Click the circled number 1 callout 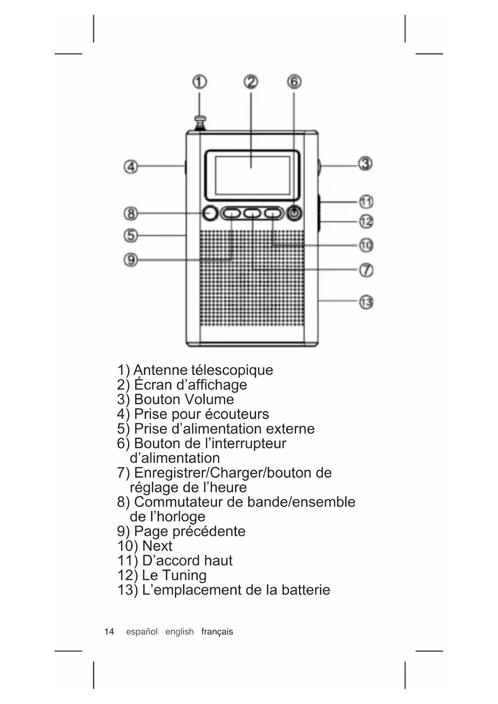pos(199,82)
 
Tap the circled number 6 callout pos(294,82)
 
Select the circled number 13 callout pos(366,302)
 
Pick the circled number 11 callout pos(366,201)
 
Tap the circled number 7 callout pos(366,270)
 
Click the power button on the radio pos(295,213)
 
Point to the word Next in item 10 pos(157,546)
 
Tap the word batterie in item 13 pos(306,590)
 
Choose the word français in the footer pos(217,632)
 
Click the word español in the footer pos(142,632)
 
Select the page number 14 pos(109,632)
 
